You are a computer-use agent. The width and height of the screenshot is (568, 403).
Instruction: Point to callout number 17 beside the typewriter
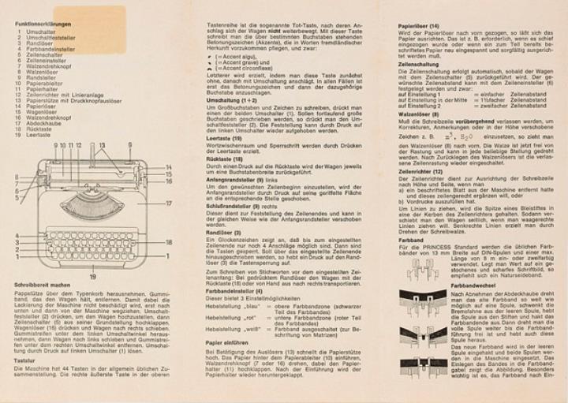169,203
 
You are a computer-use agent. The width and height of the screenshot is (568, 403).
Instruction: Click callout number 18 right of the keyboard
168,241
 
